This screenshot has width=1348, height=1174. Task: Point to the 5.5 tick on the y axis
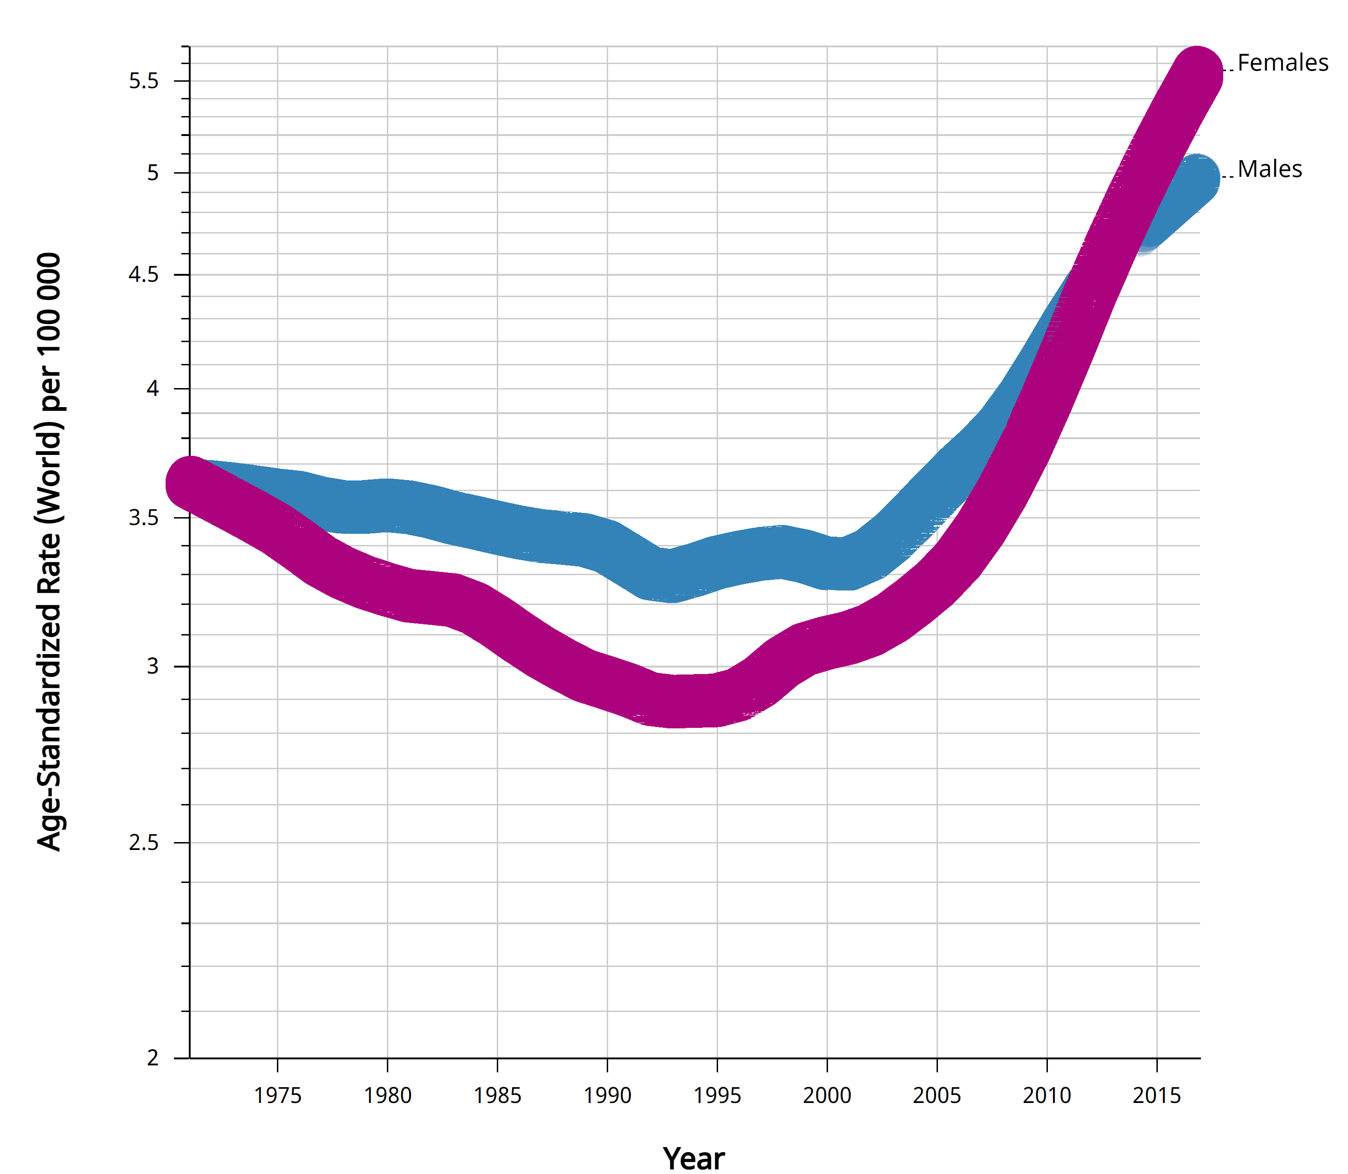pyautogui.click(x=144, y=81)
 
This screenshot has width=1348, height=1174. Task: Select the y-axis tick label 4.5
pyautogui.click(x=144, y=274)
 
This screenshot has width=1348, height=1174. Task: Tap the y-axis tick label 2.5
pyautogui.click(x=144, y=843)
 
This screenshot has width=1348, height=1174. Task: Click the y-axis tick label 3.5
pyautogui.click(x=144, y=518)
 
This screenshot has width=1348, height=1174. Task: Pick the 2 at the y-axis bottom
pyautogui.click(x=153, y=1058)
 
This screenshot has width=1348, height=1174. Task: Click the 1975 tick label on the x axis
pyautogui.click(x=277, y=1096)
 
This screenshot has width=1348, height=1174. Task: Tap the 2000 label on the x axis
pyautogui.click(x=827, y=1096)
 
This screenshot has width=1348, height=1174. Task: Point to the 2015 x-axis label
pyautogui.click(x=1157, y=1096)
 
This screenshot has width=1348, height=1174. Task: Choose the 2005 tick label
pyautogui.click(x=937, y=1096)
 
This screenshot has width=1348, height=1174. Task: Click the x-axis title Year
pyautogui.click(x=693, y=1158)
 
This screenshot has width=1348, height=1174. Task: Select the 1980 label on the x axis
pyautogui.click(x=388, y=1096)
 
